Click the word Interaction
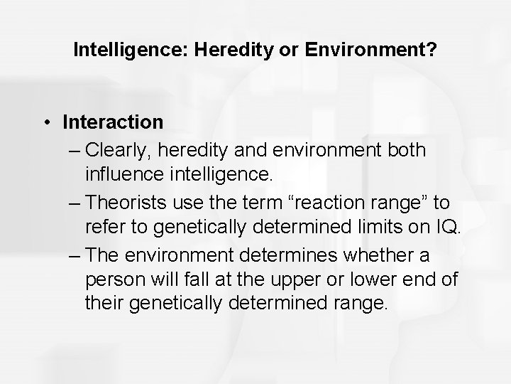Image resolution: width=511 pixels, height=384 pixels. click(x=112, y=122)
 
